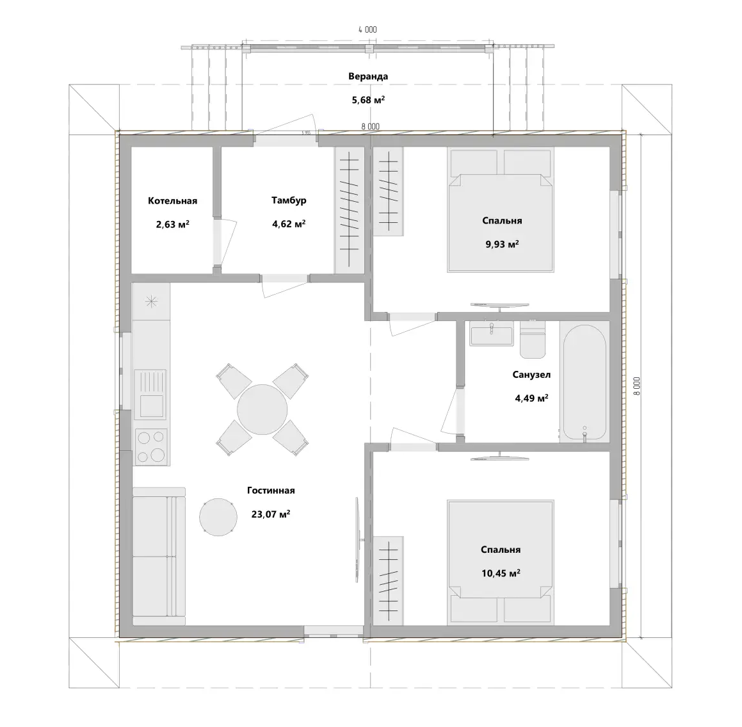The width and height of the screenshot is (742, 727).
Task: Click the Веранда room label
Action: (x=368, y=76)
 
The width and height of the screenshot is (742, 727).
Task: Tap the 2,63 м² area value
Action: (x=173, y=224)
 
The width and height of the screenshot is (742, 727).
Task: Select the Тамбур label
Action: (x=289, y=200)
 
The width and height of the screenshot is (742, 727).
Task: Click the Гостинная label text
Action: (x=271, y=491)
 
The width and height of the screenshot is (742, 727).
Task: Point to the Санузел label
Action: (x=531, y=374)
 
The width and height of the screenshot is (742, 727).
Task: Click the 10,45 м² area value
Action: (x=501, y=573)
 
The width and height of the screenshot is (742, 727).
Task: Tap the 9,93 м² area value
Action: (x=502, y=244)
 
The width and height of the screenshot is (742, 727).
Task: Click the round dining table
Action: (x=262, y=409)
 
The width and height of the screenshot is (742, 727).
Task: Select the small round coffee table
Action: (x=218, y=517)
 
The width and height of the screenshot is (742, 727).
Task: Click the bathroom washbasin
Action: (x=492, y=333)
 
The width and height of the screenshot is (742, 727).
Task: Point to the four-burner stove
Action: (x=152, y=446)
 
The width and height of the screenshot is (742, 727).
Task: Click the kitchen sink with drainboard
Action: (x=150, y=395)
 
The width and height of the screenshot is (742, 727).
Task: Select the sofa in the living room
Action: (x=159, y=557)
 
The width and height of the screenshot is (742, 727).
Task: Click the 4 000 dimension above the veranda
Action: (x=367, y=30)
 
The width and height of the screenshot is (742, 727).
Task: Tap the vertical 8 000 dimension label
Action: (x=636, y=386)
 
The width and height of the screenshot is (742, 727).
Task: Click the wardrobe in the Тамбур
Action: (x=350, y=210)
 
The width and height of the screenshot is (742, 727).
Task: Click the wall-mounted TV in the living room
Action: (x=359, y=539)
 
